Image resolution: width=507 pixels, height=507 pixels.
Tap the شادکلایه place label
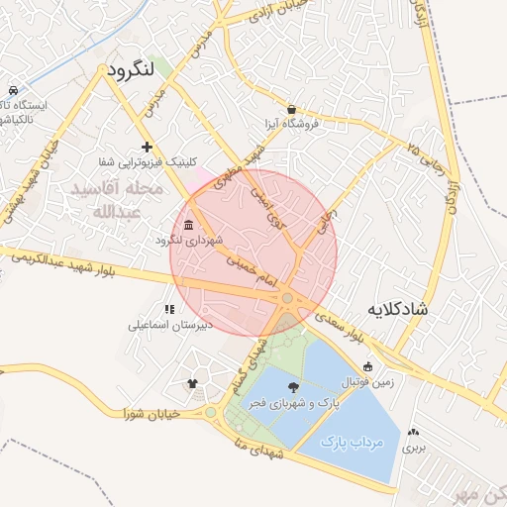click(x=397, y=309)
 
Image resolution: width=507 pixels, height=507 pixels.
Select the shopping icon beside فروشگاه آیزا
click(x=290, y=109)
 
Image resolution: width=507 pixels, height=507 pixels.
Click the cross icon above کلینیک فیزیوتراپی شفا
click(x=147, y=147)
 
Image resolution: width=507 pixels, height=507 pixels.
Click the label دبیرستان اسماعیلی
click(x=168, y=325)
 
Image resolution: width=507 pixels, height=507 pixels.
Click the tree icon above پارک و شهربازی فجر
click(x=293, y=387)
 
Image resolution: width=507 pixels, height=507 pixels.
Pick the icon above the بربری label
click(x=412, y=432)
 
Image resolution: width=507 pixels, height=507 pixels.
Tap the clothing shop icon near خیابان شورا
click(x=192, y=383)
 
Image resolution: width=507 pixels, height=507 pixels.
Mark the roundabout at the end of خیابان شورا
click(x=210, y=412)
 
